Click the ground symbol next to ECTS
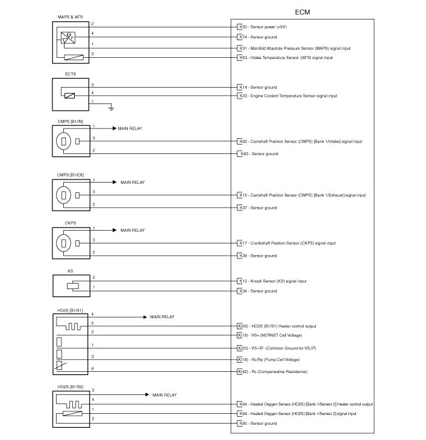point(111,108)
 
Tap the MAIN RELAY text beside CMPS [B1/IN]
point(131,129)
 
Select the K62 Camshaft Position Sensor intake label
point(301,141)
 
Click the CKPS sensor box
point(71,242)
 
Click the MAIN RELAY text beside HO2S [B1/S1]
point(162,317)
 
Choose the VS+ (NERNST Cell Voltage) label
point(271,335)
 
